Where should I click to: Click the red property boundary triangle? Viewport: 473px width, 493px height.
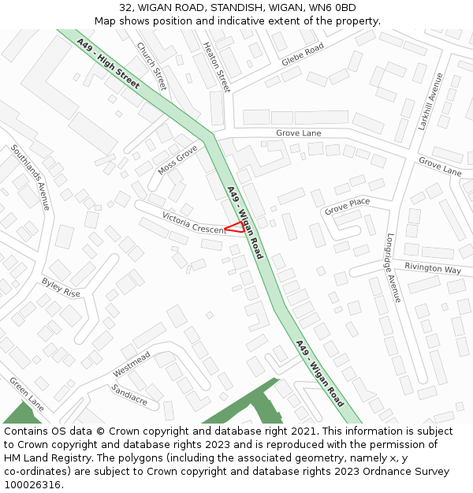click(x=235, y=227)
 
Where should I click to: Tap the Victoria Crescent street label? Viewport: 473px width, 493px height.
click(x=194, y=222)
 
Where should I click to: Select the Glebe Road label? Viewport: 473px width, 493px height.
click(x=303, y=54)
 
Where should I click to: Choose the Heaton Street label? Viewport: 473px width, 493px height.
click(x=216, y=67)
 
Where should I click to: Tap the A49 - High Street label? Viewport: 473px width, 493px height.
click(x=108, y=62)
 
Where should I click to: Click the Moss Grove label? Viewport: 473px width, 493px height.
click(x=177, y=159)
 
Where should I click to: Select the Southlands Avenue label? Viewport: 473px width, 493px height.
click(x=31, y=177)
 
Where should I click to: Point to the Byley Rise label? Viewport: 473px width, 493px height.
click(x=61, y=287)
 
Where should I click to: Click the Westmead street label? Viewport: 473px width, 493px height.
click(x=131, y=364)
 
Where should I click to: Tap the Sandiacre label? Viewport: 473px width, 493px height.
click(x=129, y=394)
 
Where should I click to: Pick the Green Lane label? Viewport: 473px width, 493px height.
click(x=27, y=394)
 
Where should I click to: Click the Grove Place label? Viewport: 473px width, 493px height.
click(x=347, y=207)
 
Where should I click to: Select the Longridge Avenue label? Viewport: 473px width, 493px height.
click(x=393, y=267)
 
